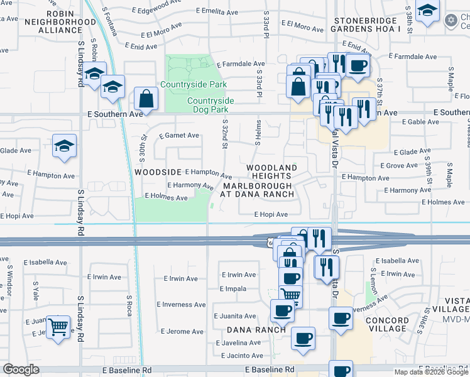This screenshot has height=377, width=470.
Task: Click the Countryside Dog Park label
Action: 210,105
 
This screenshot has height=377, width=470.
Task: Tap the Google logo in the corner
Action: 21,369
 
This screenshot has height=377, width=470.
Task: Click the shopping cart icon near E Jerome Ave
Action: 58,325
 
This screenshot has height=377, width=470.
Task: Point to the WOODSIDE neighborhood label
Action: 157,172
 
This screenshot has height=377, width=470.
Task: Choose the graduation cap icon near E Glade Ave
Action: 64,145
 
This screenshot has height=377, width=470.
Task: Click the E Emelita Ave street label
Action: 219,11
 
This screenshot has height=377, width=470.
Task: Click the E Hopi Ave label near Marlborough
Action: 271,214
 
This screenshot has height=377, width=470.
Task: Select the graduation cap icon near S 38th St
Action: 427,11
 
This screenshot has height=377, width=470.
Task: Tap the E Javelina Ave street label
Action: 239,343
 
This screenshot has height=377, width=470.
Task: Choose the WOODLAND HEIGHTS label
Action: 271,172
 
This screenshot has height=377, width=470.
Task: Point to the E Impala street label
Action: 232,288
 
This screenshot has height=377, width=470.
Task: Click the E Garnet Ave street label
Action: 179,135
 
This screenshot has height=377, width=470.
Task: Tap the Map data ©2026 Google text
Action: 430,372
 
